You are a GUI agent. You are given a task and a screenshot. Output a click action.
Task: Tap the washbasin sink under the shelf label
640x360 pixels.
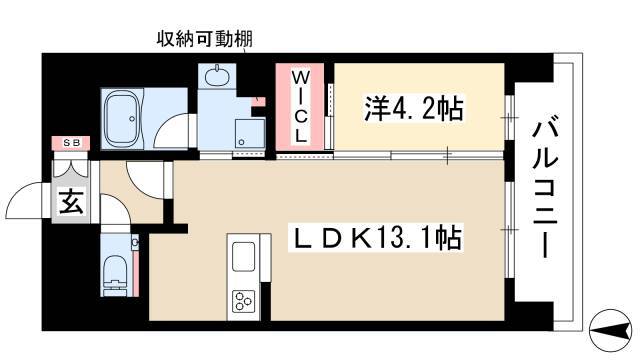(x=214, y=75)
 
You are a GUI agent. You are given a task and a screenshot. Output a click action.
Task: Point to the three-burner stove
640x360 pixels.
(x=244, y=300)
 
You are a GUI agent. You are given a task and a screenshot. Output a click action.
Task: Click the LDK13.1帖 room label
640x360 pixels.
(x=374, y=239)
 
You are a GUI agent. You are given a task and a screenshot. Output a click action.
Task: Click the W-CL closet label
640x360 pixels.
(x=301, y=107)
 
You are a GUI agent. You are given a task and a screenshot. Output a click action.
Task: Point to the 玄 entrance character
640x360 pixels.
(x=70, y=202)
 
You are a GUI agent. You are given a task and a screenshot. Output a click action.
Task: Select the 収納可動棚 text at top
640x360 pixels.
(x=203, y=40)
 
